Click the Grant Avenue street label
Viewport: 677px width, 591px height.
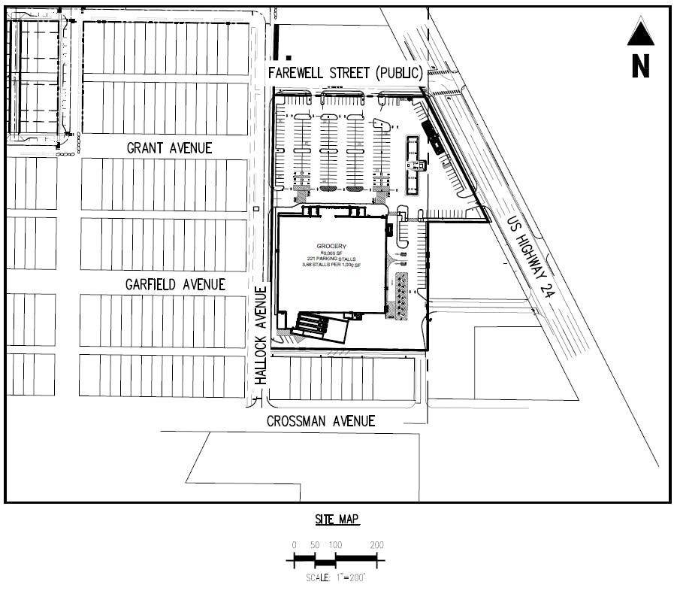[169, 148]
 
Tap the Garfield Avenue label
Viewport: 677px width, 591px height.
[175, 284]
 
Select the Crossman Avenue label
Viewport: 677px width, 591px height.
[321, 421]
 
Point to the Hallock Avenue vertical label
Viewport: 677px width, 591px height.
[261, 335]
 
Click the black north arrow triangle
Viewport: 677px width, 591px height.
[640, 33]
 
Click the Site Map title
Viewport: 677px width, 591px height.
[337, 520]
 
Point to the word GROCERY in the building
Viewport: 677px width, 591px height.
[331, 246]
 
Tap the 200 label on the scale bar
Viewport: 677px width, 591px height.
[377, 545]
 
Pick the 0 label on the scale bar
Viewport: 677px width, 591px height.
[294, 545]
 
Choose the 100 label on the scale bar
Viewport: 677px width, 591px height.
[335, 545]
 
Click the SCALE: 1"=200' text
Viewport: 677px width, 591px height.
[335, 577]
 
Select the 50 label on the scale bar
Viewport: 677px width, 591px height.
[315, 545]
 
